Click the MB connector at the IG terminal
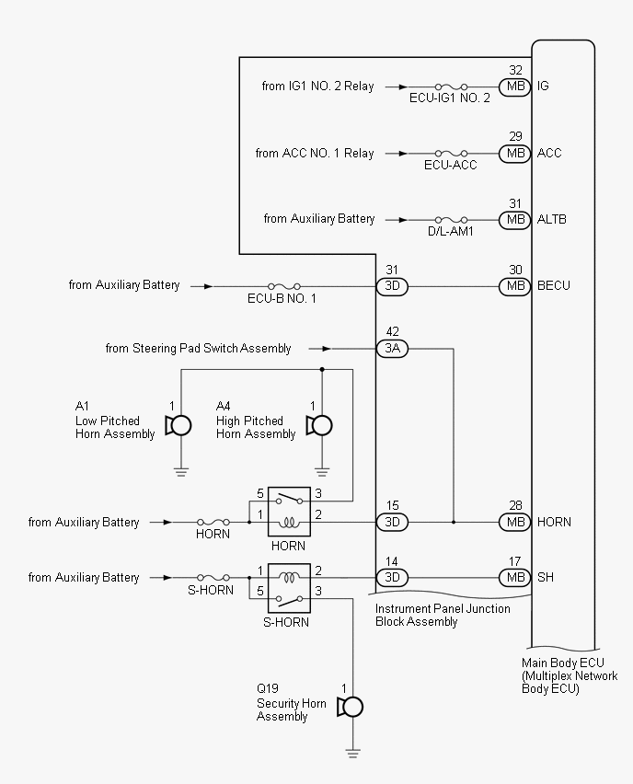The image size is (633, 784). point(515,86)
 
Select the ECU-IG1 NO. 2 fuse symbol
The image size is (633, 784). point(451,86)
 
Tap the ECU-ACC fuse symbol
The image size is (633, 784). point(451,153)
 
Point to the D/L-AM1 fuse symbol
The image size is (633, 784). point(451,220)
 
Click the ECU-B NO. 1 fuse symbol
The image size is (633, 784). point(284,286)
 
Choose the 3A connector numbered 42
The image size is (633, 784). point(392,349)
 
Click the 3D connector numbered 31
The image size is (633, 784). point(392,286)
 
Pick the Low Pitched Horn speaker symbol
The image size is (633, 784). point(178,426)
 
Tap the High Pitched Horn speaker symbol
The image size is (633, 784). point(319,426)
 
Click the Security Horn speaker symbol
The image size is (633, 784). point(350,707)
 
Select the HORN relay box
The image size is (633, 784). point(289,512)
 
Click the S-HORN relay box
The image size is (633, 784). point(289,588)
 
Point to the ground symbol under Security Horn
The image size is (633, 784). point(352,754)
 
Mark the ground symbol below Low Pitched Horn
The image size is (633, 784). point(181,472)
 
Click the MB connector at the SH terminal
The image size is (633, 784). point(515,578)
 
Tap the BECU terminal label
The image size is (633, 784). point(554,285)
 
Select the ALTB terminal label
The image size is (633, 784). point(551,219)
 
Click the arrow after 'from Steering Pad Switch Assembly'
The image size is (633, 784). point(320,349)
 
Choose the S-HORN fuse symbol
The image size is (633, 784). point(213,578)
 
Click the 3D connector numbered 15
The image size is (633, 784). point(392,522)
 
